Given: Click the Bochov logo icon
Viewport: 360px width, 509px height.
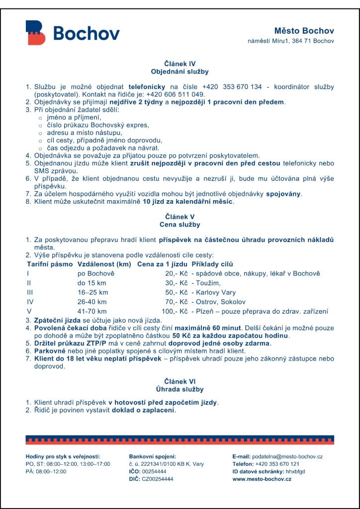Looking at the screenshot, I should pyautogui.click(x=35, y=33).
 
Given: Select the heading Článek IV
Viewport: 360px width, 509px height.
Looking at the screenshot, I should pyautogui.click(x=180, y=64).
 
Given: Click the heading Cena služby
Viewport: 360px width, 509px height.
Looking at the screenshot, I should pyautogui.click(x=180, y=225).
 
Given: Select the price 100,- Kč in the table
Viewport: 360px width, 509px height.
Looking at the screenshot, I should pyautogui.click(x=173, y=311).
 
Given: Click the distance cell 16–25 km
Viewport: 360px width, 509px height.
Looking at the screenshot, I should pyautogui.click(x=92, y=292).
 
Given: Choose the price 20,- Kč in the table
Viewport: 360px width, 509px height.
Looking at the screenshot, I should pyautogui.click(x=175, y=273).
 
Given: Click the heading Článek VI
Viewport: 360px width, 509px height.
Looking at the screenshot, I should pyautogui.click(x=180, y=381).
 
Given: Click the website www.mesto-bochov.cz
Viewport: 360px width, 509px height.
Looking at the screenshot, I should pyautogui.click(x=262, y=479).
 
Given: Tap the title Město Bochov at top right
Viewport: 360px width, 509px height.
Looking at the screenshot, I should pyautogui.click(x=304, y=31).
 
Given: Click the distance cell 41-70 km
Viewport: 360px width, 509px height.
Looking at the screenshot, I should pyautogui.click(x=92, y=311).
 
